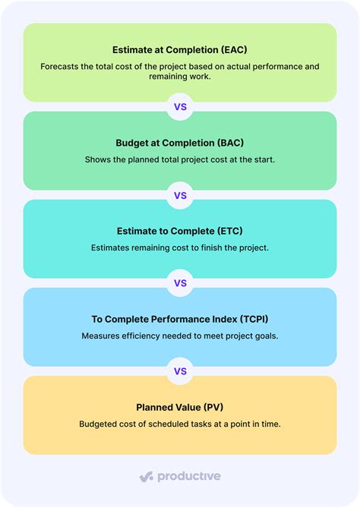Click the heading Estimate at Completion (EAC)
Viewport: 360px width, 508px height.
180,49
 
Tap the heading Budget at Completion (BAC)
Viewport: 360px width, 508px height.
180,142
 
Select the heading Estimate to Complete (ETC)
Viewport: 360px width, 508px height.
180,230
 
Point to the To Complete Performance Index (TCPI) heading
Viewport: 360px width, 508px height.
180,318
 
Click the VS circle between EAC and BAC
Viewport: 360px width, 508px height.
180,107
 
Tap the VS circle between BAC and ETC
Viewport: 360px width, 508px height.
180,195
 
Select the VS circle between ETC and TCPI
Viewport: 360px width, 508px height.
180,283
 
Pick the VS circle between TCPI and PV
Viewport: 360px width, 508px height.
180,371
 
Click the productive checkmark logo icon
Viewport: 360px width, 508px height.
147,477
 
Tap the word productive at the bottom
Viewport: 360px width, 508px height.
188,477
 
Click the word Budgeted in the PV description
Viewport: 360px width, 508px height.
101,424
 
